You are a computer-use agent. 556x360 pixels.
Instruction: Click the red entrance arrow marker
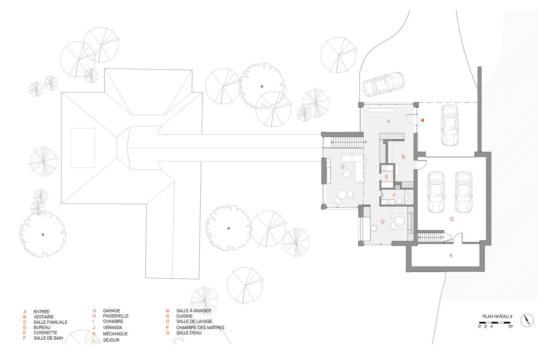[x=422, y=120]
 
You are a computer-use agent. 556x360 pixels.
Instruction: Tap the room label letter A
[x=389, y=121]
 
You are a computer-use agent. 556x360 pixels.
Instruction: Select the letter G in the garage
[x=451, y=219]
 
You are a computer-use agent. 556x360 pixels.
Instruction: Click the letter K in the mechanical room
[x=451, y=255]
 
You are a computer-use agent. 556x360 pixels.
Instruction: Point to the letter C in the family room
[x=343, y=167]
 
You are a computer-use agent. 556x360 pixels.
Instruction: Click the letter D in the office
[x=383, y=222]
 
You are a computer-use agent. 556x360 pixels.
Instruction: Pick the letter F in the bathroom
[x=394, y=196]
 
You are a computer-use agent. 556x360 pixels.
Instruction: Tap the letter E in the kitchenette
[x=387, y=177]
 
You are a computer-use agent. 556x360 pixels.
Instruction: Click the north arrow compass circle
[x=527, y=320]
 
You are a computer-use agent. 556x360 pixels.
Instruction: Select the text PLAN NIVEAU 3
[x=497, y=316]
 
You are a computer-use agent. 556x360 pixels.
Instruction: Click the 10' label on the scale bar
[x=510, y=326]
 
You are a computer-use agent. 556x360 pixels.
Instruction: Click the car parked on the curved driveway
[x=383, y=84]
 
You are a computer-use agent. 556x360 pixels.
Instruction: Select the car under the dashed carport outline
[x=450, y=125]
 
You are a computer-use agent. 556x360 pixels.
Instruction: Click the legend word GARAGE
[x=111, y=311]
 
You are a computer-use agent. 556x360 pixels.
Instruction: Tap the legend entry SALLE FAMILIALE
[x=50, y=322]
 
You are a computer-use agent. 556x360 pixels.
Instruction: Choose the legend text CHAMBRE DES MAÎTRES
[x=200, y=327]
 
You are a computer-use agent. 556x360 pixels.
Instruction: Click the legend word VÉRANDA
[x=113, y=327]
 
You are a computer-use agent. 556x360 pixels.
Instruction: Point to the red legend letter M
[x=167, y=311]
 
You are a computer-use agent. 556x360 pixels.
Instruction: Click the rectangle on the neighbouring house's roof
[x=83, y=148]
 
